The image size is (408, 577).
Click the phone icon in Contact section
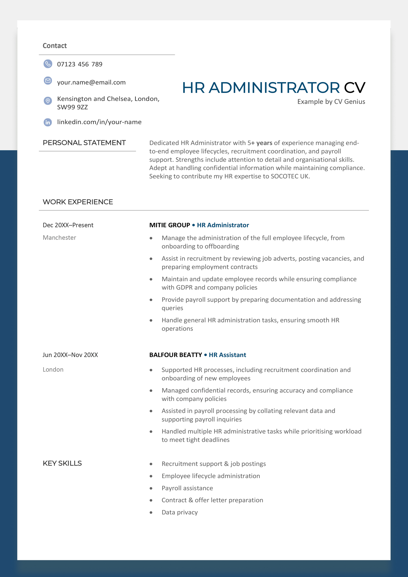click(x=48, y=64)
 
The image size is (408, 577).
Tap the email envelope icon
click(x=48, y=81)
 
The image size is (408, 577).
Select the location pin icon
click(x=48, y=101)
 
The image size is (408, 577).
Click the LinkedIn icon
click(x=48, y=122)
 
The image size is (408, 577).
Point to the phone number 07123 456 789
click(x=80, y=64)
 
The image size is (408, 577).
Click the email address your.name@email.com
click(x=91, y=82)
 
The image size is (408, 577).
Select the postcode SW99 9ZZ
click(x=72, y=107)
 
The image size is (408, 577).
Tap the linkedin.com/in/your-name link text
click(x=99, y=122)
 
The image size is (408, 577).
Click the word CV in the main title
click(x=354, y=88)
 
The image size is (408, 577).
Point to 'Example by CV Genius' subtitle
click(x=331, y=102)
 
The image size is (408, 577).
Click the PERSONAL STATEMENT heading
click(x=84, y=143)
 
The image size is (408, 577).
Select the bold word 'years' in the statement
click(x=264, y=143)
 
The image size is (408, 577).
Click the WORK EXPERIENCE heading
click(x=78, y=202)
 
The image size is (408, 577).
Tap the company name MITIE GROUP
click(x=170, y=225)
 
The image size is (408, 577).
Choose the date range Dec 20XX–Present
click(x=68, y=225)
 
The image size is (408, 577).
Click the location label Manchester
click(x=59, y=238)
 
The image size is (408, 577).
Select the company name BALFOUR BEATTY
click(x=175, y=355)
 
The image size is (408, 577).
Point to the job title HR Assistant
click(x=227, y=355)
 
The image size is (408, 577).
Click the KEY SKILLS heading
click(x=62, y=463)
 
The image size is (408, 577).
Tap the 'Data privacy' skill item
click(x=180, y=512)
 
